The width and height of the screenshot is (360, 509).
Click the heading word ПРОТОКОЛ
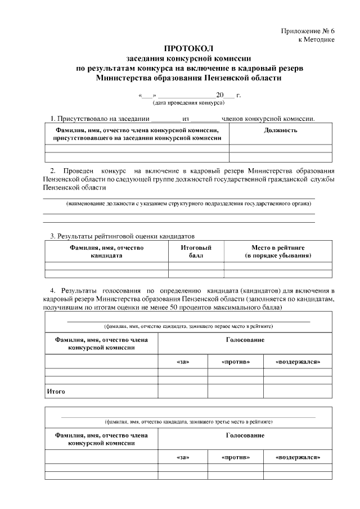pos(188,49)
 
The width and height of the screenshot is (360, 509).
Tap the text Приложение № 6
pos(308,30)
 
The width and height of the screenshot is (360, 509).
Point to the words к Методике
pos(316,39)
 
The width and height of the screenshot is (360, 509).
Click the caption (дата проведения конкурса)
pos(188,103)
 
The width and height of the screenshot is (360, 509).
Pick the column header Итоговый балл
pos(196,251)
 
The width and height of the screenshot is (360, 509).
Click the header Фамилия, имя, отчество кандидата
pos(107,251)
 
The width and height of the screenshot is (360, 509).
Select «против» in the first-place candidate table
pos(236,361)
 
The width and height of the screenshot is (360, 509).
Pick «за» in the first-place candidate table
pos(183,361)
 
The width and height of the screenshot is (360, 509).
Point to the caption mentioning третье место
pos(188,421)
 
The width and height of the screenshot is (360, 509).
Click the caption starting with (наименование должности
pos(188,203)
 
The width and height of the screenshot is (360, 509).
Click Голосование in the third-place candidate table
pos(245,436)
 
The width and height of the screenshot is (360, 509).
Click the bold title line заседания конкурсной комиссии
pos(188,58)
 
